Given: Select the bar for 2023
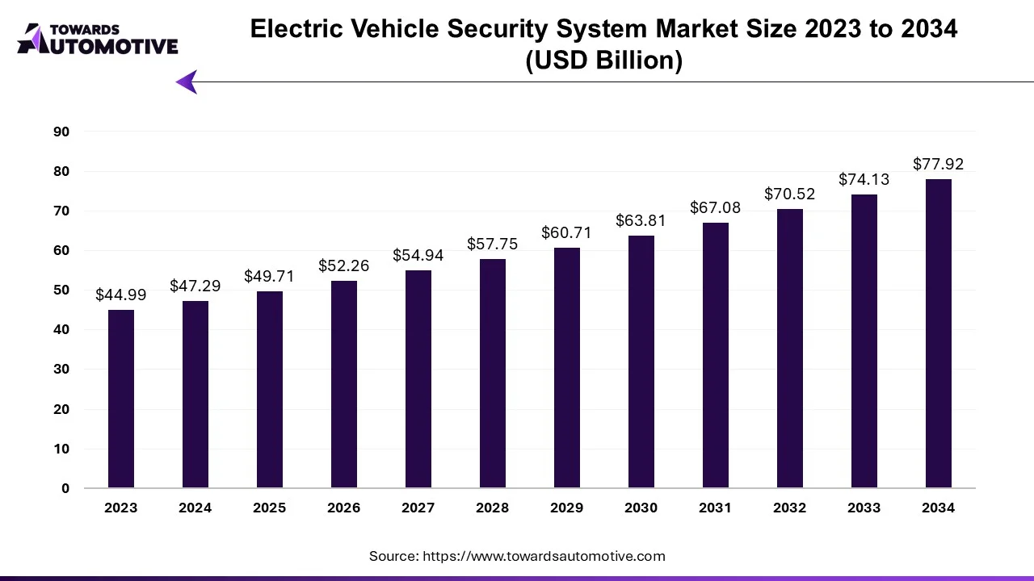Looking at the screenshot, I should click(121, 399).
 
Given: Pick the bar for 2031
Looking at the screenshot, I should click(716, 355).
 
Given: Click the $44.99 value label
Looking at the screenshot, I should click(121, 295).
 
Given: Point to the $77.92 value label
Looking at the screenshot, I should click(939, 165).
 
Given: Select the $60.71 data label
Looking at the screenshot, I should click(567, 233).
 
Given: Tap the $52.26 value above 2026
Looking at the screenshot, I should click(344, 265).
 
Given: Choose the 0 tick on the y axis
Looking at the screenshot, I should click(65, 489).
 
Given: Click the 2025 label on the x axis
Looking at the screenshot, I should click(270, 508).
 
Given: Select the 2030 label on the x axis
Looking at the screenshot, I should click(641, 508).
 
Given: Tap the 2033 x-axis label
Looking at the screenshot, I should click(864, 508).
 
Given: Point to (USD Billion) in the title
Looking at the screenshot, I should click(603, 61).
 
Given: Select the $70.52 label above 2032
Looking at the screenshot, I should click(790, 194).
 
